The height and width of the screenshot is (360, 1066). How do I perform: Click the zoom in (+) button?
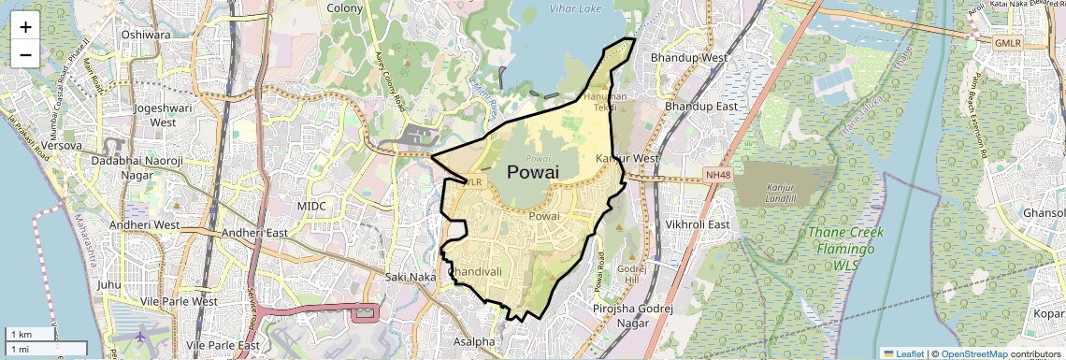25,26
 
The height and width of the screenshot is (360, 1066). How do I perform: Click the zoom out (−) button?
25,54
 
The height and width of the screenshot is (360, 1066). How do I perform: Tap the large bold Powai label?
532,172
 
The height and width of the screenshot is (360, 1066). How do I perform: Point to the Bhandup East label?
699,107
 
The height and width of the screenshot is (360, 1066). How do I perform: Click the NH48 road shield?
717,175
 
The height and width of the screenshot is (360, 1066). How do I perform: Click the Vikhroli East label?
697,224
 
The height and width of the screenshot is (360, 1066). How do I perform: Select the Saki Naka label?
411,277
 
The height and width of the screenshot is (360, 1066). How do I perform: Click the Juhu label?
109,283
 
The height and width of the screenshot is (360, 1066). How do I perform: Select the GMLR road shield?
1007,43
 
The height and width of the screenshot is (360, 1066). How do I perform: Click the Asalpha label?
474,342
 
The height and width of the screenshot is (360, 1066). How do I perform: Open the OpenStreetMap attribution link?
974,353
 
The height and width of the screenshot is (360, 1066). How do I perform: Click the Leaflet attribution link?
902,353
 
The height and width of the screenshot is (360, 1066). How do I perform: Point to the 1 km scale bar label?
21,335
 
